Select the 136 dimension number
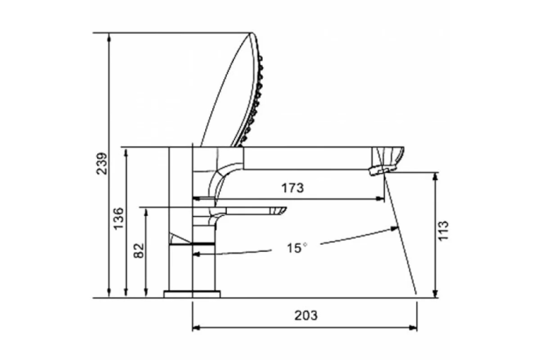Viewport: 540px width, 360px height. tap(119, 219)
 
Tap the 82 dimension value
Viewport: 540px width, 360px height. tap(139, 251)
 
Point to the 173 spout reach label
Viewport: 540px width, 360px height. tap(292, 188)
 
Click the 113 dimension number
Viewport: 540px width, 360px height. tap(443, 230)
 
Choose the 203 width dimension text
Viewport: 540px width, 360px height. tap(306, 315)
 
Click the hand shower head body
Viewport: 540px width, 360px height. tap(231, 89)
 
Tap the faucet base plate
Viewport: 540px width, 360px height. tap(192, 294)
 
